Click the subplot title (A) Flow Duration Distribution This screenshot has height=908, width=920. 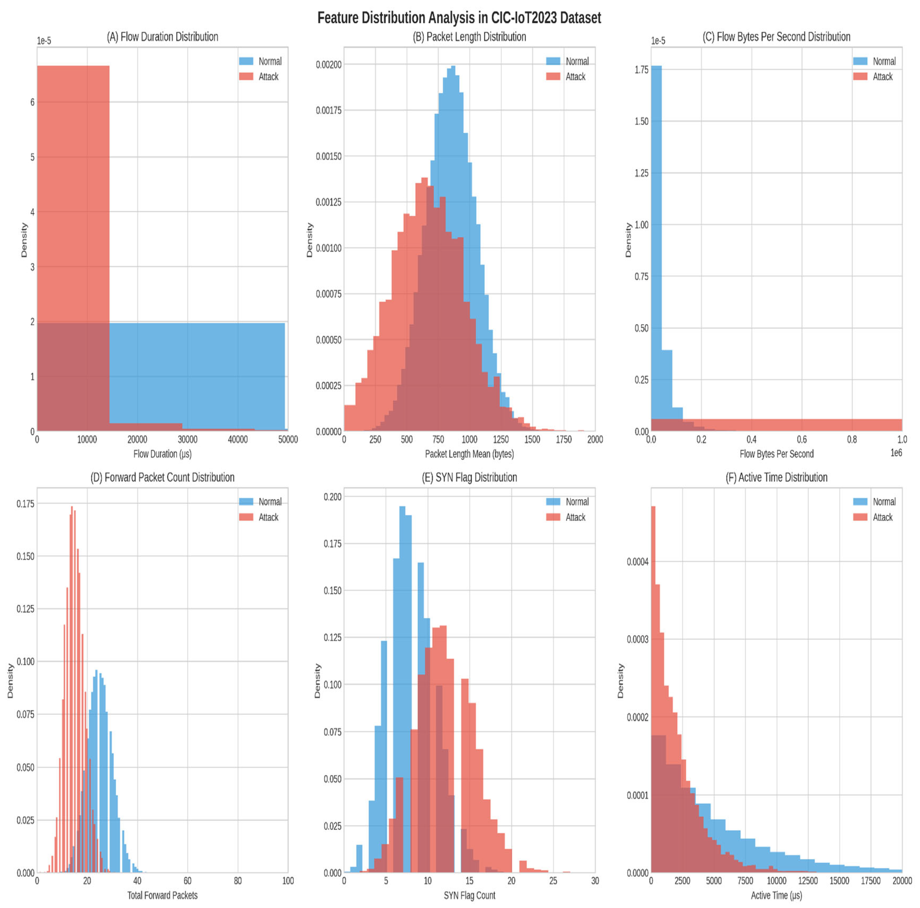pyautogui.click(x=162, y=37)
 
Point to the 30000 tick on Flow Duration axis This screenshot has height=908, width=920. pyautogui.click(x=187, y=439)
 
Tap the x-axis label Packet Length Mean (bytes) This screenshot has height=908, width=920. pyautogui.click(x=469, y=454)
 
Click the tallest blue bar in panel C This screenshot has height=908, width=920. pyautogui.click(x=656, y=248)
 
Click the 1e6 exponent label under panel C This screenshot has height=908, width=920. pyautogui.click(x=896, y=452)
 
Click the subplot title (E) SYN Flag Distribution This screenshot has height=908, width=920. pyautogui.click(x=469, y=477)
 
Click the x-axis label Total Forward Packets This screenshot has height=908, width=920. pyautogui.click(x=162, y=895)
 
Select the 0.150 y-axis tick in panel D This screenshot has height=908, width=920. pyautogui.click(x=25, y=556)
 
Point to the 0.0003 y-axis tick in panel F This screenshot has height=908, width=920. pyautogui.click(x=637, y=639)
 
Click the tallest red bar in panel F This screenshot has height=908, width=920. pyautogui.click(x=653, y=690)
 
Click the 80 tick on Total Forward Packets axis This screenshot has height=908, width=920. pyautogui.click(x=238, y=880)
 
